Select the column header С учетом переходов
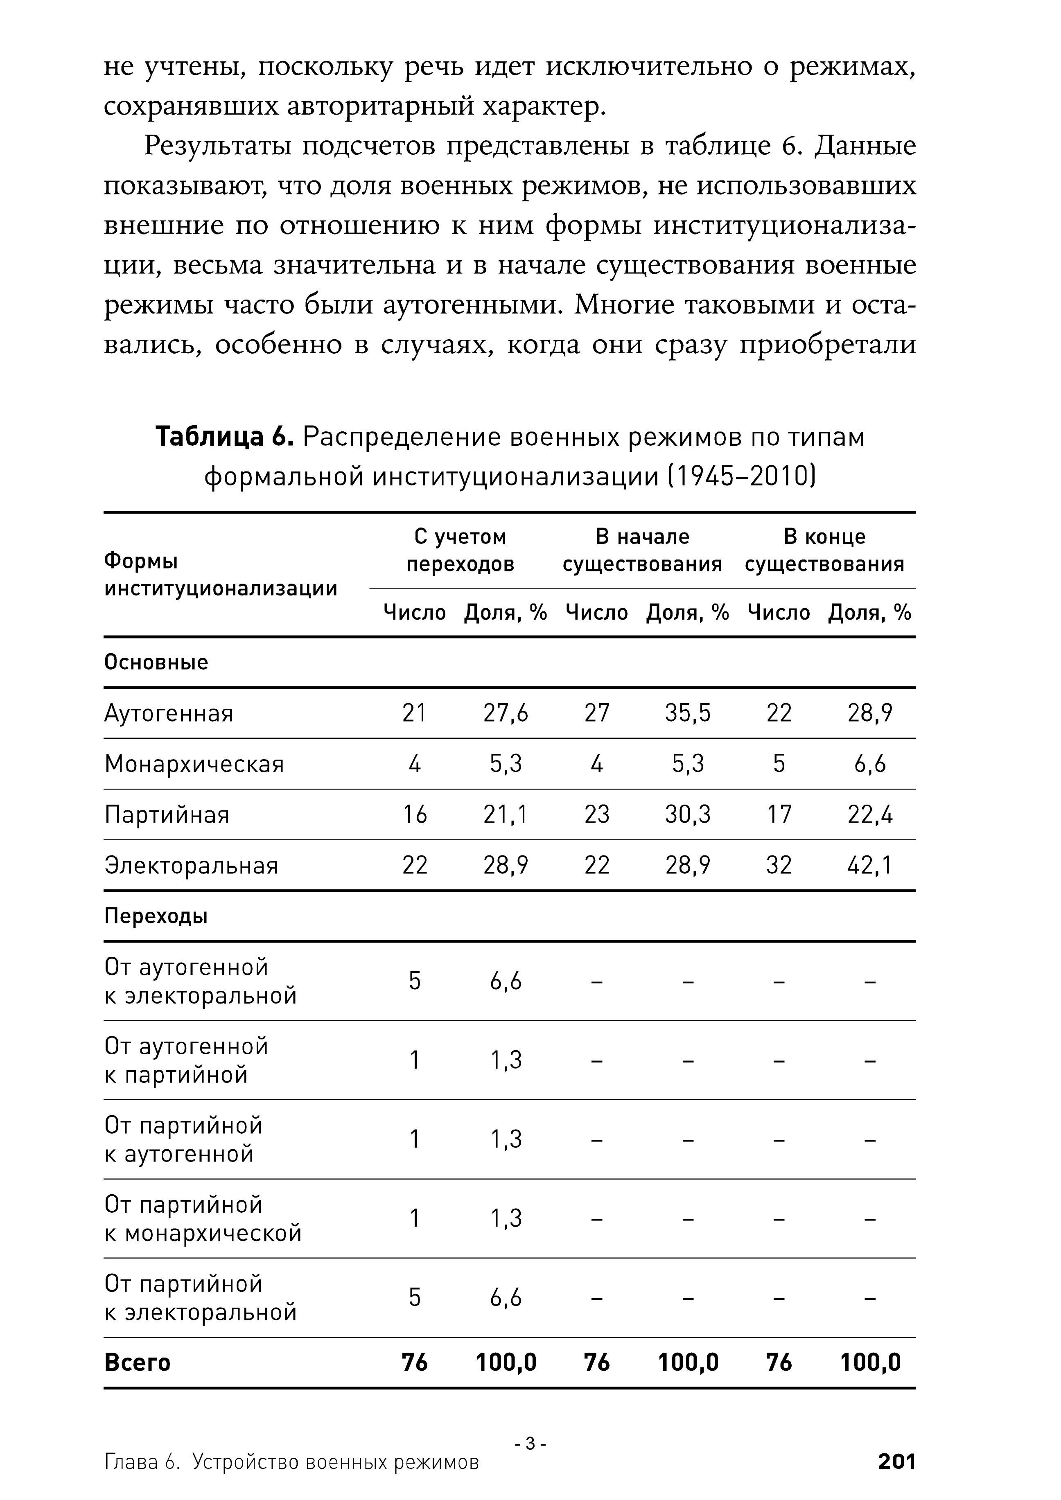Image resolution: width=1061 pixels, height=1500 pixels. point(460,550)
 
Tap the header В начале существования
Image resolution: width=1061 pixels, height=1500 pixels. point(642,550)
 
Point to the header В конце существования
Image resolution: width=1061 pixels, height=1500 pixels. point(824,550)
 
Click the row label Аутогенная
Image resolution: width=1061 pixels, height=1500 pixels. point(169,713)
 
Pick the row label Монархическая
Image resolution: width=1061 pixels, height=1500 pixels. point(194,764)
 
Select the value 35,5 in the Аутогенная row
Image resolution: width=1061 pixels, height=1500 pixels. point(688,713)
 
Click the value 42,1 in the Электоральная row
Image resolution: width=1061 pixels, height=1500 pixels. point(869,866)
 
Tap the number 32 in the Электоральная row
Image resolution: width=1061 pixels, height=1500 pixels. point(779,866)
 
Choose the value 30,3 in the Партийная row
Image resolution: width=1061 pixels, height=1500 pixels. point(688,815)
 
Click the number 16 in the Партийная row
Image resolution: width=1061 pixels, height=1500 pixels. point(415,815)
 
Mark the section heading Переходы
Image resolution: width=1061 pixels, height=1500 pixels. point(156,917)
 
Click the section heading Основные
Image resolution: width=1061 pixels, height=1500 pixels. point(156,663)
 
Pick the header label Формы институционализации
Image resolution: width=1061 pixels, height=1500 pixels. point(220,575)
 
